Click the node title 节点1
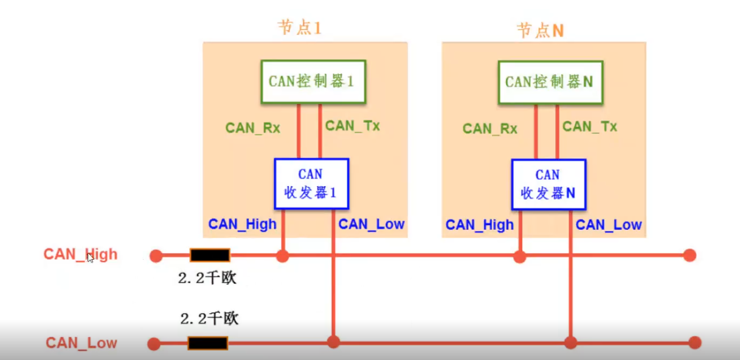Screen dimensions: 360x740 pos(299,29)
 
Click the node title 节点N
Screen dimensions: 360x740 pos(540,30)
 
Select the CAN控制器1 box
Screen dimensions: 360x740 pos(313,81)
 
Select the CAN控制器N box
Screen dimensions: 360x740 pos(550,81)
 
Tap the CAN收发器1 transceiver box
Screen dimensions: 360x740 pos(311,184)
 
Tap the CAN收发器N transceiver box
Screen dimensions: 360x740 pos(548,184)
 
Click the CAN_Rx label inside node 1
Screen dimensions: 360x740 pos(252,128)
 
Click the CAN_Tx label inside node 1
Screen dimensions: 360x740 pos(353,126)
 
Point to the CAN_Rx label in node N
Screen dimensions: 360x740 pos(489,128)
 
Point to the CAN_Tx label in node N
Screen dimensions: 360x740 pos(590,126)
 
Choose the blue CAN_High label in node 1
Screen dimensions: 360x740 pos(242,224)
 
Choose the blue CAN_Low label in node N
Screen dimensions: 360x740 pos(609,224)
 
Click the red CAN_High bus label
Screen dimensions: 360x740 pos(80,254)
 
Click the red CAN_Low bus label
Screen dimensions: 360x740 pos(81,343)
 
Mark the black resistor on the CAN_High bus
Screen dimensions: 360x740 pos(210,255)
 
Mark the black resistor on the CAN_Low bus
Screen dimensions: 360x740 pos(208,344)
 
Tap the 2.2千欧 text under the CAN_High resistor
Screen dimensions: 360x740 pos(207,278)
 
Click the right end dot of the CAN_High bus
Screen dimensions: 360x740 pos(690,255)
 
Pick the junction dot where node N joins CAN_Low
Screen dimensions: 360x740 pos(570,342)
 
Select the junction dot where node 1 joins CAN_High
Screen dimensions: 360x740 pos(282,256)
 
